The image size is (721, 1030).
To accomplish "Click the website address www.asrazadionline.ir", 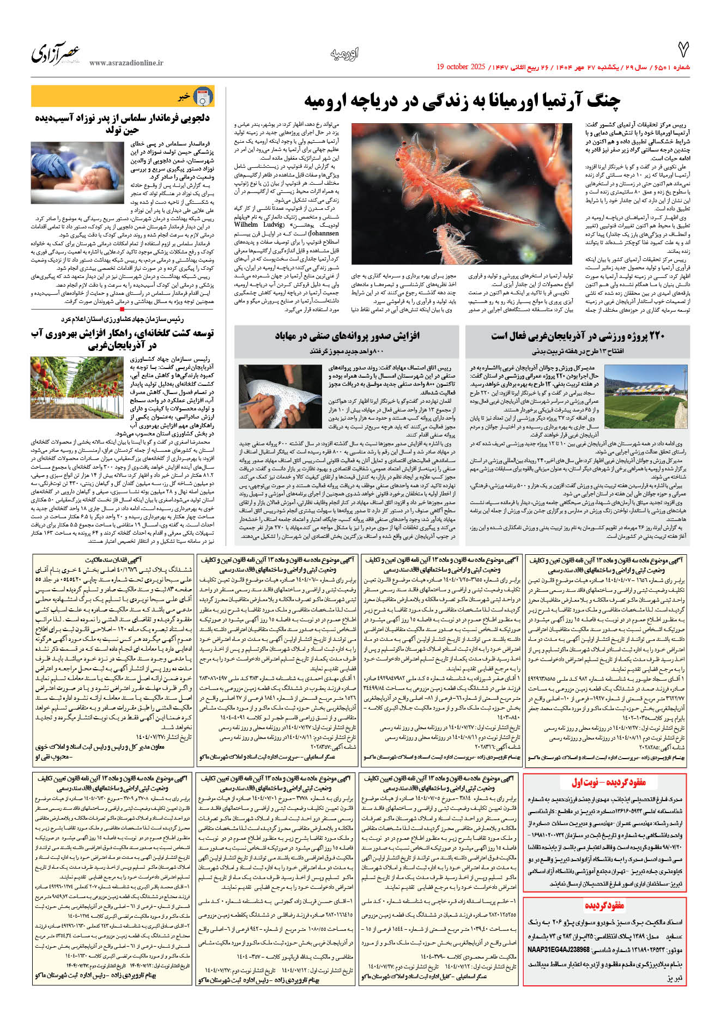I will (x=126, y=63).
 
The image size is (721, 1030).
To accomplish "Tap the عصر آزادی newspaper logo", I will (x=56, y=53).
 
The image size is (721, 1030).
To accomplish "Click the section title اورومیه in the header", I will (x=344, y=53).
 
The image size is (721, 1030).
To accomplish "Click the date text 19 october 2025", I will (x=461, y=67).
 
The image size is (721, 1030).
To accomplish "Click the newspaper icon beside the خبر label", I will (x=203, y=96).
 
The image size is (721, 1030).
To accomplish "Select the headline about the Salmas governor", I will (x=123, y=123).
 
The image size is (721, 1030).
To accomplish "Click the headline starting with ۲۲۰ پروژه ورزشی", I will (x=578, y=336).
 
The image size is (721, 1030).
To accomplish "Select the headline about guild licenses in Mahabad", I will (x=347, y=336).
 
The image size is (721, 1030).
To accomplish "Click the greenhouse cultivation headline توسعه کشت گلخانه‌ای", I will (x=123, y=338).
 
